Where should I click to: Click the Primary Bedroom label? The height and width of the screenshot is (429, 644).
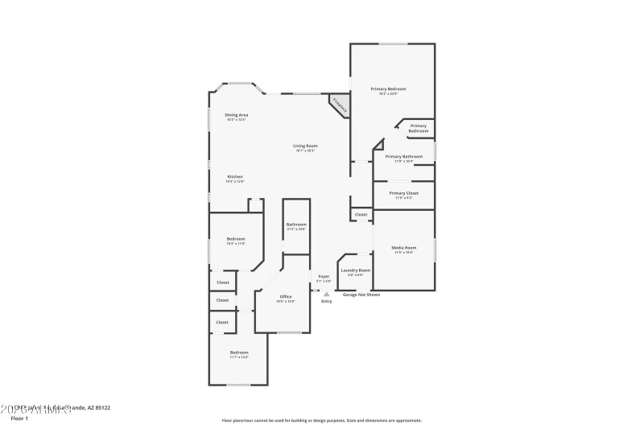pyautogui.click(x=388, y=89)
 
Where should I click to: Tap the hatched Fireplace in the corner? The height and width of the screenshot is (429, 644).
pyautogui.click(x=339, y=105)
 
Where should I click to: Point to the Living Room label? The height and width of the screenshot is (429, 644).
pyautogui.click(x=305, y=146)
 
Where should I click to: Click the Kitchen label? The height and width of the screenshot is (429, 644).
pyautogui.click(x=235, y=177)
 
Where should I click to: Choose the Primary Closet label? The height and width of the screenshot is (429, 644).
pyautogui.click(x=403, y=193)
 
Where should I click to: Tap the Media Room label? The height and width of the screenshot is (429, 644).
pyautogui.click(x=403, y=247)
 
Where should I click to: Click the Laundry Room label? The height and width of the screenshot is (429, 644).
pyautogui.click(x=355, y=270)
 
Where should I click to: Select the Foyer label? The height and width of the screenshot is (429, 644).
pyautogui.click(x=324, y=276)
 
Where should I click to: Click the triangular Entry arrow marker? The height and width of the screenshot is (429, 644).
pyautogui.click(x=326, y=295)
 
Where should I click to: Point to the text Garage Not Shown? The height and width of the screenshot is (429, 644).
pyautogui.click(x=361, y=295)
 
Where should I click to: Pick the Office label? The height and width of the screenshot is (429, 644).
pyautogui.click(x=286, y=297)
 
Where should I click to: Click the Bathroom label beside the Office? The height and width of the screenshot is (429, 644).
pyautogui.click(x=296, y=225)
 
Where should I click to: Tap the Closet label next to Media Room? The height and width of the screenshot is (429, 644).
pyautogui.click(x=361, y=214)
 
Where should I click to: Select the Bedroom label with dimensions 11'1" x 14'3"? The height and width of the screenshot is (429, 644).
pyautogui.click(x=239, y=353)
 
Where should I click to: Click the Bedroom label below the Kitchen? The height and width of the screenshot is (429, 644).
pyautogui.click(x=235, y=239)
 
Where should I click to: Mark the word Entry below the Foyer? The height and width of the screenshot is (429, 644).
pyautogui.click(x=326, y=301)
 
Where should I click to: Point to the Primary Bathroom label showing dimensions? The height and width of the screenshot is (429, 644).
pyautogui.click(x=403, y=156)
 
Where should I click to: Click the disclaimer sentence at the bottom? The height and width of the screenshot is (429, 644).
pyautogui.click(x=321, y=420)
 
